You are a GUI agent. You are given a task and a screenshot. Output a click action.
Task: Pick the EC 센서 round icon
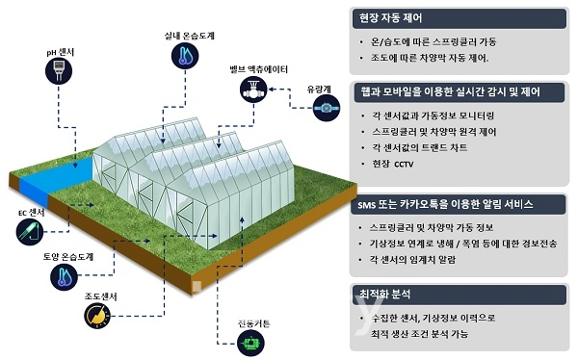pyautogui.click(x=30, y=231)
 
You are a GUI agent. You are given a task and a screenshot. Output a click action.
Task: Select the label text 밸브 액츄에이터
pyautogui.click(x=255, y=69)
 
